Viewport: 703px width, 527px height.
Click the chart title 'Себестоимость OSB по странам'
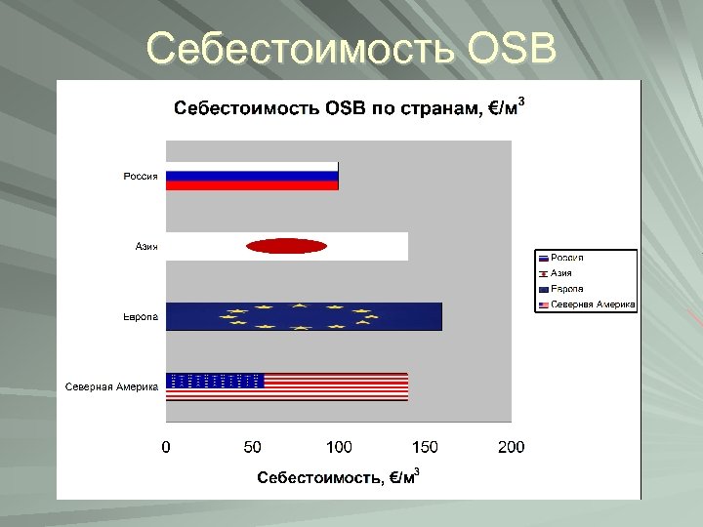coord(349,107)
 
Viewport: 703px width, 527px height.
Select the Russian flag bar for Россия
coord(252,177)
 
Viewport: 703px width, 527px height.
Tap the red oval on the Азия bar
coord(286,247)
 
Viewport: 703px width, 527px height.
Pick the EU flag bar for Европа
coord(304,316)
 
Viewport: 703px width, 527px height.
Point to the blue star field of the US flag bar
coord(216,381)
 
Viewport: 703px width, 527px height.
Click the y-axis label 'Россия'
coord(141,177)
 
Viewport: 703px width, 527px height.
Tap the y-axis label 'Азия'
coord(146,247)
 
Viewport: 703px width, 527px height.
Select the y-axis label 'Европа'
coord(141,317)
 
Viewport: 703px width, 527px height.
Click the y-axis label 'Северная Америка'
coord(112,386)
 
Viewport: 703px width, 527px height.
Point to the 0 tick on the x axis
coord(166,447)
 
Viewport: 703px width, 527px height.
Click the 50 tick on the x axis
coord(252,447)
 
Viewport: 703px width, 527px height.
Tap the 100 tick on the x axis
coord(339,447)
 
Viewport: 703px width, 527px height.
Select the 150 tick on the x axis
coord(425,447)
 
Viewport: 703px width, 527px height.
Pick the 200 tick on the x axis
coord(511,447)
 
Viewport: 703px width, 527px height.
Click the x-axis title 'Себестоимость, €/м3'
coord(338,476)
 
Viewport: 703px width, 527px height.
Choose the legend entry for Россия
coord(567,258)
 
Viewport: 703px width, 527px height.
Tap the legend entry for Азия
coord(561,273)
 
